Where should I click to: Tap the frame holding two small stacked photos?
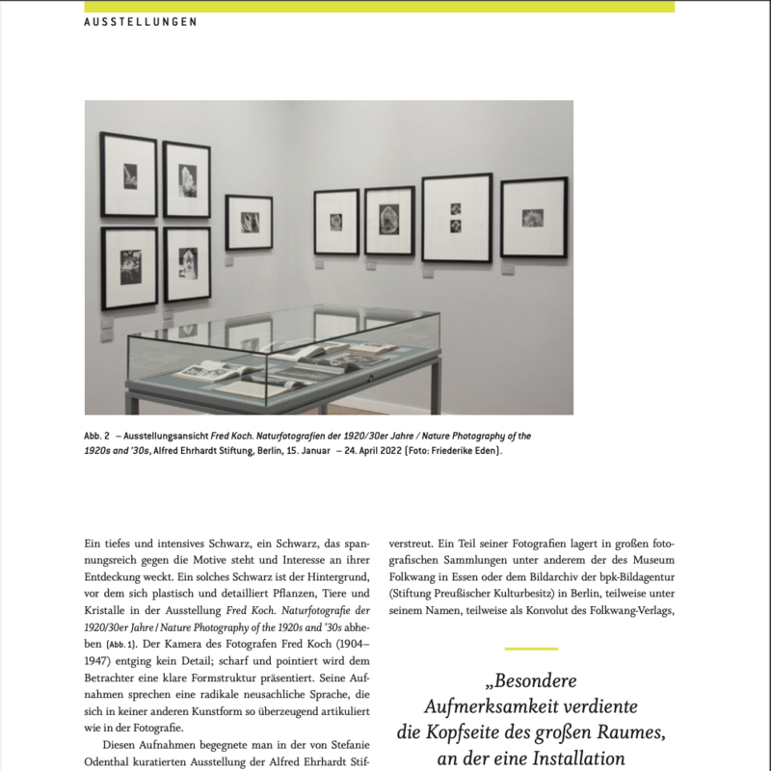click(456, 218)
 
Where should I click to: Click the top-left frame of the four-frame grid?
click(128, 174)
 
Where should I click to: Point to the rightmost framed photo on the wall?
click(533, 217)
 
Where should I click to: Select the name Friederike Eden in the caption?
click(465, 450)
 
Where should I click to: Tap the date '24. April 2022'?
click(380, 450)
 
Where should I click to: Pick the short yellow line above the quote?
click(531, 649)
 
